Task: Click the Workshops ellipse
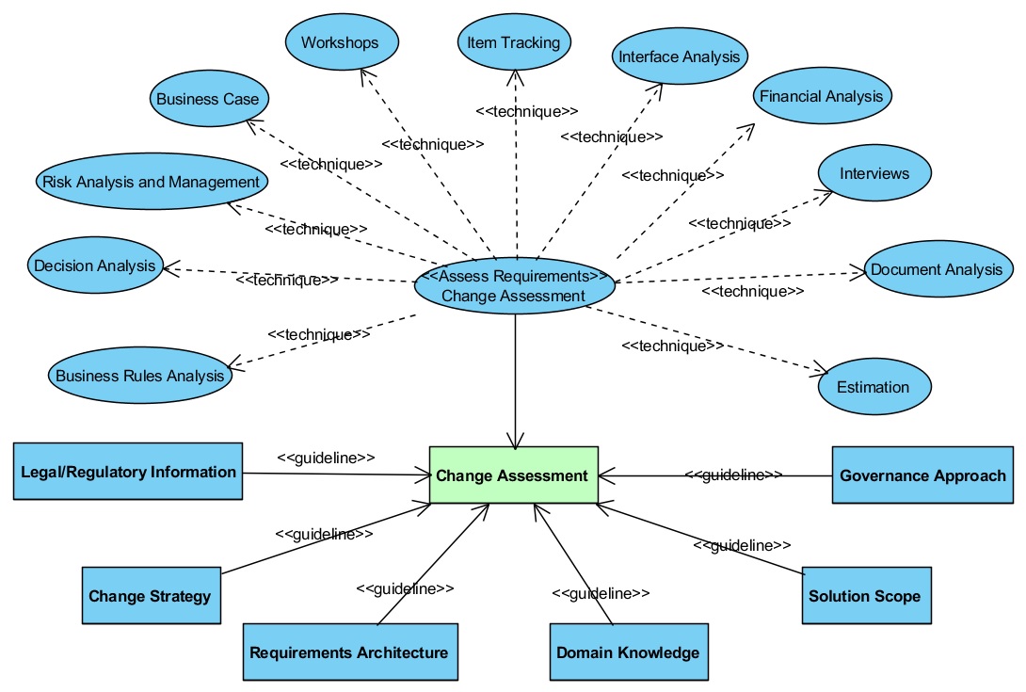click(342, 42)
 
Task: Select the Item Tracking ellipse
click(514, 42)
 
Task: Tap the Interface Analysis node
click(680, 56)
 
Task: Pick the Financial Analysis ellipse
click(822, 96)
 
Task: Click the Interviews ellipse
click(874, 173)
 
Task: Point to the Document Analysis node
click(938, 269)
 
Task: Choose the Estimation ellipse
click(874, 386)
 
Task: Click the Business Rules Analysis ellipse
click(140, 375)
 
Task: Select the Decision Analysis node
click(95, 266)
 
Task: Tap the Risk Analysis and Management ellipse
click(152, 182)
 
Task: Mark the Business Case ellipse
click(209, 98)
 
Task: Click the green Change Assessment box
click(514, 475)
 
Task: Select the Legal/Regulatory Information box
click(128, 472)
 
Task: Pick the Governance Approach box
click(922, 475)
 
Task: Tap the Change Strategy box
click(152, 595)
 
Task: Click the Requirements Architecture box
click(350, 652)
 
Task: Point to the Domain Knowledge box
click(629, 652)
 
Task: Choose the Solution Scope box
click(866, 595)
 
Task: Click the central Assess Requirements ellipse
click(514, 286)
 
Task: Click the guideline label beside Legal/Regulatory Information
click(326, 458)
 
